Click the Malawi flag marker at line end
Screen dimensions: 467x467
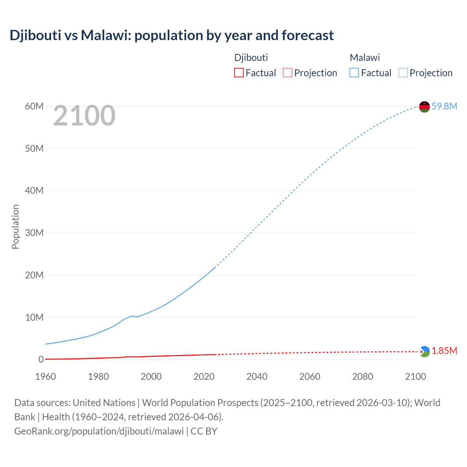424,107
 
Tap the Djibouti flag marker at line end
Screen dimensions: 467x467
424,352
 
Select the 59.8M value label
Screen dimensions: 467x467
444,106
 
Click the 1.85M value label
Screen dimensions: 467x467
444,351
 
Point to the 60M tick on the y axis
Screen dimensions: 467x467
34,106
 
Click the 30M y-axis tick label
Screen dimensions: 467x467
34,233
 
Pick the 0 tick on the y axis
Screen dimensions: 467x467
41,359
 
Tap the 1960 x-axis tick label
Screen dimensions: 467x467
46,377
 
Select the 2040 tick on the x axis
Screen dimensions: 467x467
257,377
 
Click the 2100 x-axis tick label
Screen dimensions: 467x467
415,377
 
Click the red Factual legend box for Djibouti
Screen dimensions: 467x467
239,73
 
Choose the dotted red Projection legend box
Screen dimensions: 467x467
287,73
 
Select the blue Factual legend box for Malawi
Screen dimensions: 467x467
354,73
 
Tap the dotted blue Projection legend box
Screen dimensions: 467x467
403,73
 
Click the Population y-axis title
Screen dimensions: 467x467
15,227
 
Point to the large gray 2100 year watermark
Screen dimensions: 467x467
84,116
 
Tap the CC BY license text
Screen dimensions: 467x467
204,431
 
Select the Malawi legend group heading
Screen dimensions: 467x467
365,58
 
